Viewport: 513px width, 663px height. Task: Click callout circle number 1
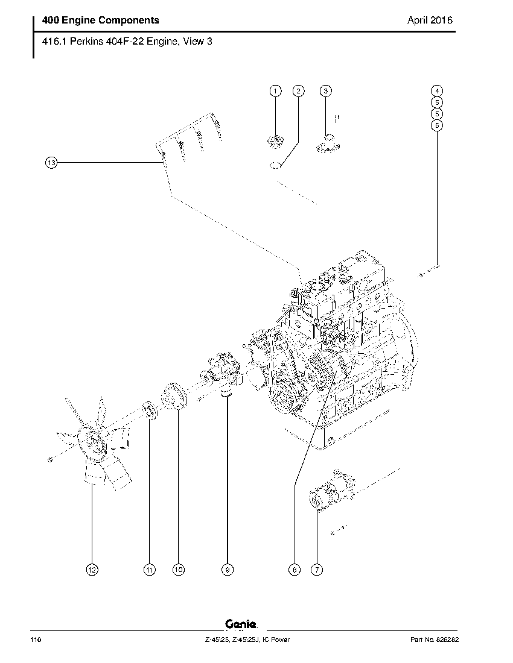point(275,91)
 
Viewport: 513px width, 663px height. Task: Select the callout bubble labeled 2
point(298,91)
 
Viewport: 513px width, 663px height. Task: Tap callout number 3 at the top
point(325,91)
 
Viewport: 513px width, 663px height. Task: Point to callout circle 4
point(437,91)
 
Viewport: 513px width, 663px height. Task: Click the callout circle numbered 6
point(437,125)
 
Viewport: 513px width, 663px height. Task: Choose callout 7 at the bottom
point(316,569)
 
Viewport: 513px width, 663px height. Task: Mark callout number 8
point(294,569)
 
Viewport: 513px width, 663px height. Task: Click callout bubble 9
point(227,569)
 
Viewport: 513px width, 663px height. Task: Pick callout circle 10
point(178,569)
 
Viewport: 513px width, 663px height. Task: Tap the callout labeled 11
point(149,569)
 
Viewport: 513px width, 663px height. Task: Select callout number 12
point(91,569)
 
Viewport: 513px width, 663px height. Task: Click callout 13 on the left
point(51,162)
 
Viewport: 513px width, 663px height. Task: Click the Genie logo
point(241,626)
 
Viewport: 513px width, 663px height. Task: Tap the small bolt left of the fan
point(49,460)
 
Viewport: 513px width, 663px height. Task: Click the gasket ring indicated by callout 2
point(275,165)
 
